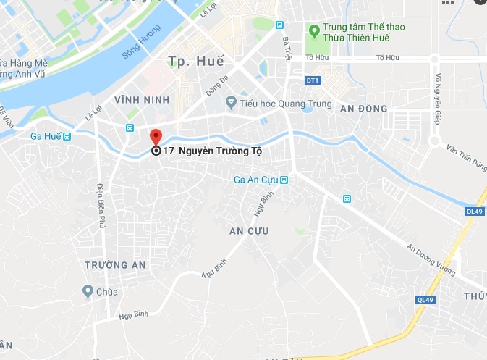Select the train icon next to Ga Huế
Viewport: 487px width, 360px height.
tap(67, 136)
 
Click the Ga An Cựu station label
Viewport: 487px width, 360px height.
tap(256, 180)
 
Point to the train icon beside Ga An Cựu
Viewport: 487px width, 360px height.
tap(284, 180)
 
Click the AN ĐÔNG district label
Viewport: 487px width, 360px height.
tap(363, 109)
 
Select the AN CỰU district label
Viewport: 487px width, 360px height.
tap(248, 231)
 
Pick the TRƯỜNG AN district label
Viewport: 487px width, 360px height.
tap(115, 265)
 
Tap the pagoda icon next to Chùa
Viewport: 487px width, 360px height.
tap(87, 293)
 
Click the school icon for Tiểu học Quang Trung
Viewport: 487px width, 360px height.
tap(232, 102)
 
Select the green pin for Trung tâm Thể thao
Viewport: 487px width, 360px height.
tap(314, 31)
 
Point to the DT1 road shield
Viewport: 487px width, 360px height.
tap(312, 80)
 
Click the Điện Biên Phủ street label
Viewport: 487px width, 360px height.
tap(101, 206)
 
